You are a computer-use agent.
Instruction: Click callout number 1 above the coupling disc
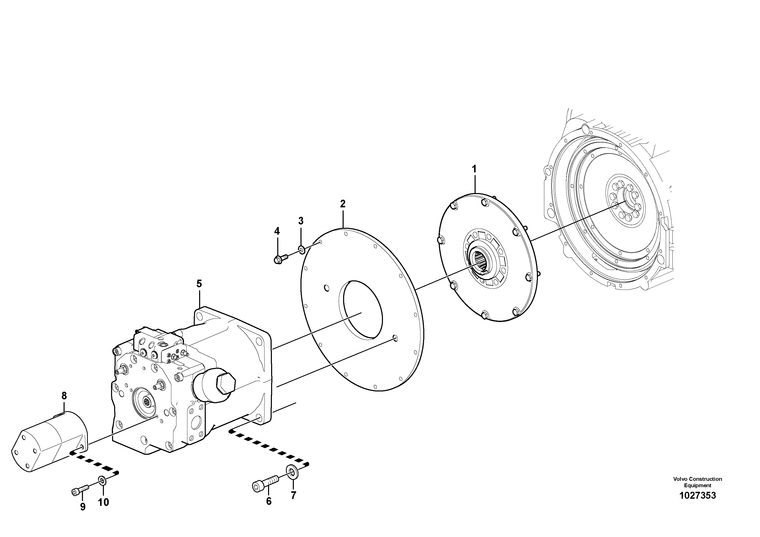(x=474, y=169)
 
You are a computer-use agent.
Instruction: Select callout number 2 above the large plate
(x=343, y=204)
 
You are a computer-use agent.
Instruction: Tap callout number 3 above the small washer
(x=300, y=221)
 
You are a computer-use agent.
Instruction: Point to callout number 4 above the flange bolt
(x=277, y=231)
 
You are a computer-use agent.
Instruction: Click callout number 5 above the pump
(x=199, y=284)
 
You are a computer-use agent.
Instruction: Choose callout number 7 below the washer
(x=293, y=495)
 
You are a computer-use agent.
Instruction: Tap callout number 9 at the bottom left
(x=83, y=507)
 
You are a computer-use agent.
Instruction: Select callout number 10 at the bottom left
(x=103, y=502)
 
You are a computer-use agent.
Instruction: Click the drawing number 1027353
(x=697, y=505)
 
